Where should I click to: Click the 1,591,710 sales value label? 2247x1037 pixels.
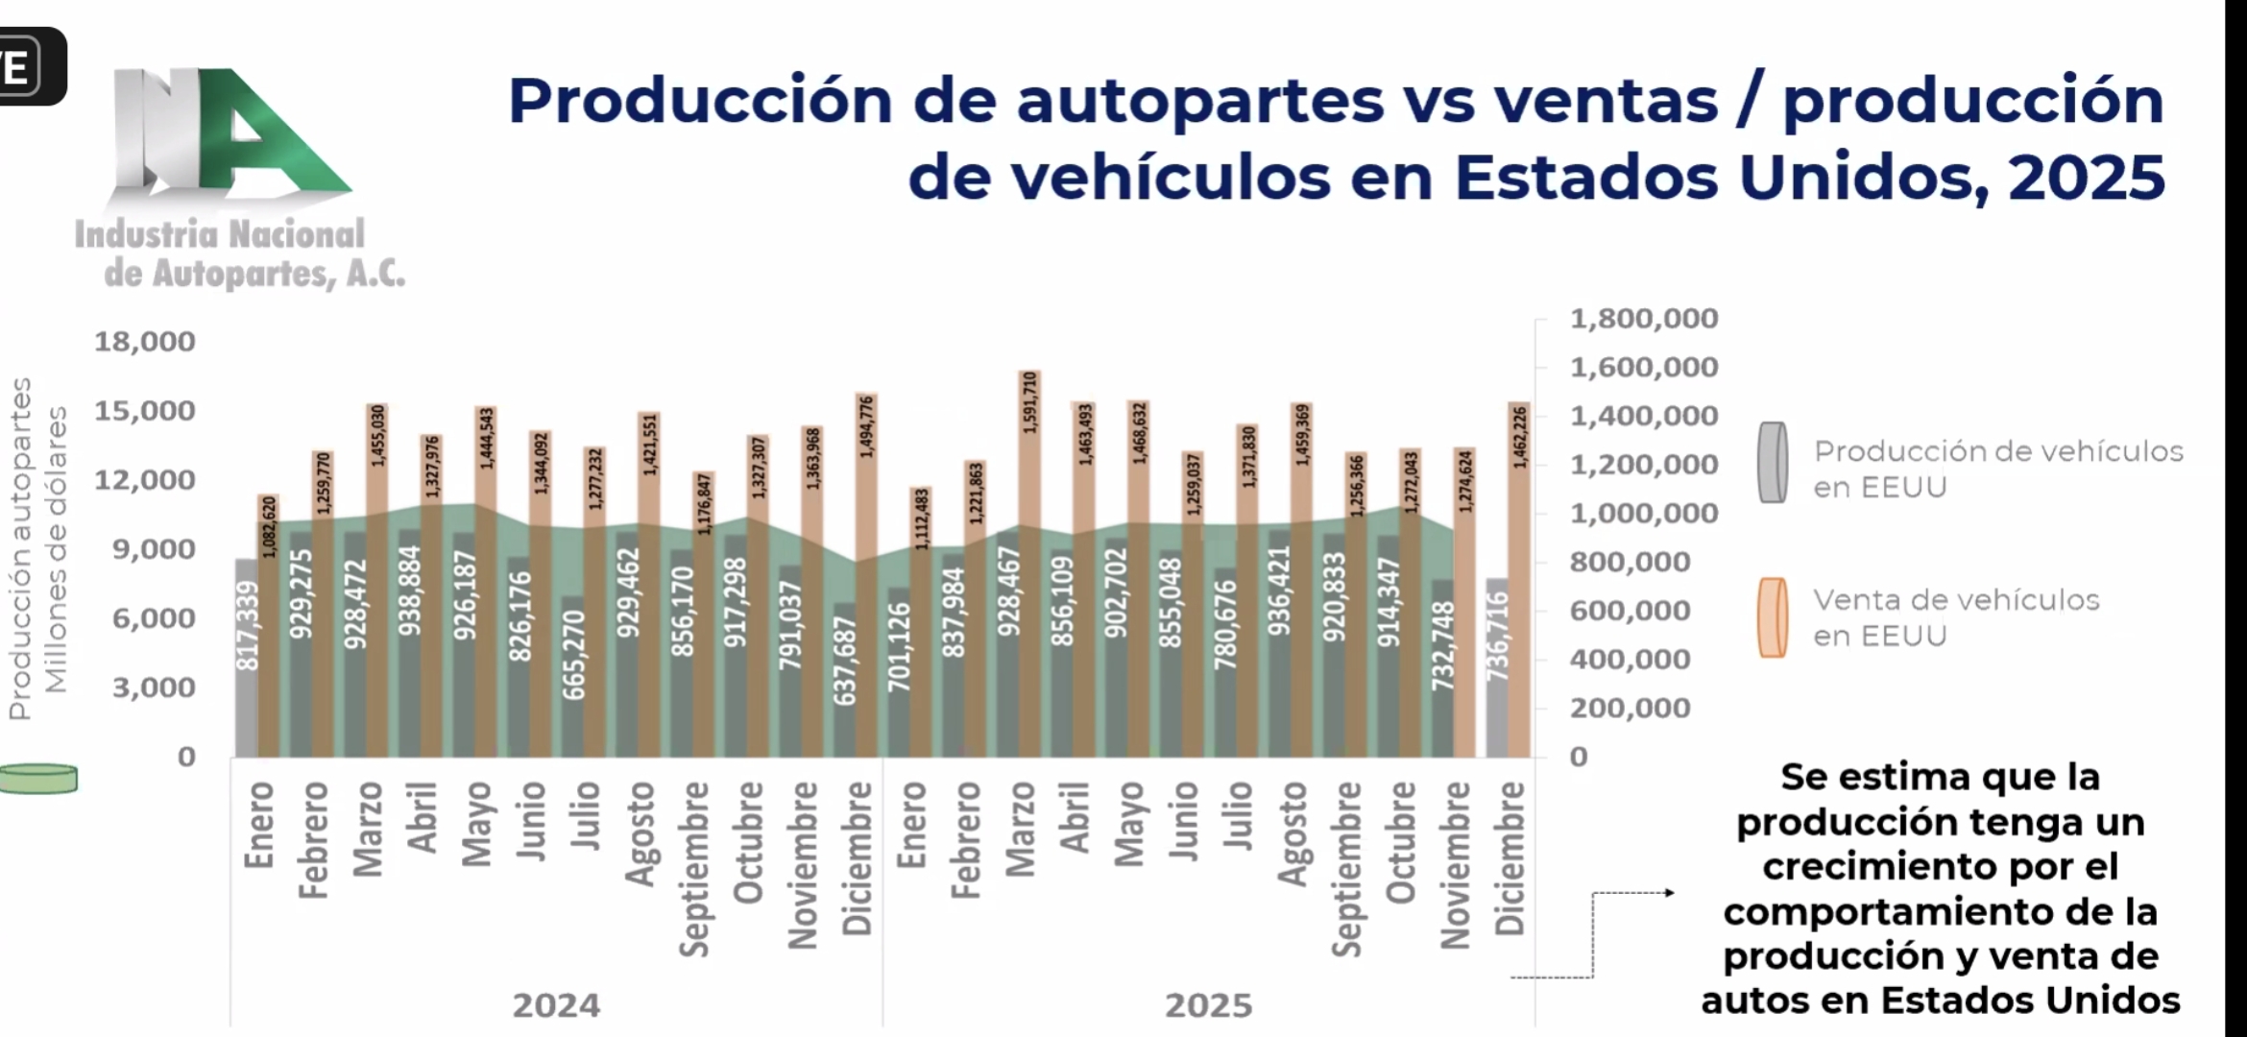[1030, 403]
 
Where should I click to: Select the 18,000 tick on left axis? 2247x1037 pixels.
[144, 342]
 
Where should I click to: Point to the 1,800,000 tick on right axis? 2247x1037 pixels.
[1643, 319]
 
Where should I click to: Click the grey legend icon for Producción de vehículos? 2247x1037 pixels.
[1773, 463]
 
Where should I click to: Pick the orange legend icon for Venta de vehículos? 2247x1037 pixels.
[1773, 617]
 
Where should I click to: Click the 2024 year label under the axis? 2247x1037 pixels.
[556, 1005]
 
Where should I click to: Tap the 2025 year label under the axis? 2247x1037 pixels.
[1209, 1005]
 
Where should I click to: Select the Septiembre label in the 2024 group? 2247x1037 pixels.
[693, 869]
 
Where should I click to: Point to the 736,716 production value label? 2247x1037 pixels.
[1498, 636]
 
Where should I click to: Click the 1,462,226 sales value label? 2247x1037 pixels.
[1520, 438]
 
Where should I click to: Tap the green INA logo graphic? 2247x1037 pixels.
[230, 134]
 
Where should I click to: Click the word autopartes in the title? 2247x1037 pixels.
[1200, 101]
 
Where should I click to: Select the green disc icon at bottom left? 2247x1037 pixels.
[38, 779]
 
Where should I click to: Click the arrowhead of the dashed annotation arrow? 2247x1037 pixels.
[1670, 893]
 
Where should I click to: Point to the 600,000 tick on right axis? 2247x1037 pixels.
[1630, 611]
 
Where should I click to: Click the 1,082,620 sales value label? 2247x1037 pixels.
[269, 527]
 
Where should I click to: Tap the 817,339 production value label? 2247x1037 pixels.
[248, 625]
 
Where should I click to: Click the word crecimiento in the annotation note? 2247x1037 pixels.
[1940, 867]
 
